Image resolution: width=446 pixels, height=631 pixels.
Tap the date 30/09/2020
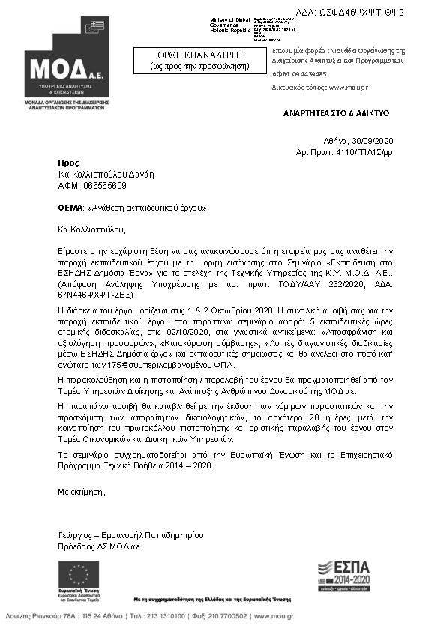382,140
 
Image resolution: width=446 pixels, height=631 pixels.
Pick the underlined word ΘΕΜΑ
70,206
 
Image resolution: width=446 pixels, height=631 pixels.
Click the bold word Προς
67,163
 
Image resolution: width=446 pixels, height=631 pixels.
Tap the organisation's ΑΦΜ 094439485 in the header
309,74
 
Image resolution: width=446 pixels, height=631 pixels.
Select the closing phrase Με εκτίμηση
82,492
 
